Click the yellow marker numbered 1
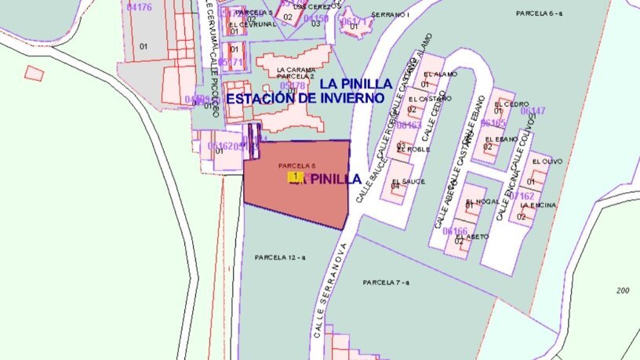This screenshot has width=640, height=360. [293, 177]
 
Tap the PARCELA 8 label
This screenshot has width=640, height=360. [296, 165]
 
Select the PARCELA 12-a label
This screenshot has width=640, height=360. [280, 257]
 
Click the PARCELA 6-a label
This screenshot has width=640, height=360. [540, 13]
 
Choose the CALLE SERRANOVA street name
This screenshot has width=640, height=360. [329, 298]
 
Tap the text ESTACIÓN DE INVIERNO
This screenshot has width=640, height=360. [305, 99]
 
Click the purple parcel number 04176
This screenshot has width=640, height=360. [139, 6]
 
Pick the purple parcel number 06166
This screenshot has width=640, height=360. [455, 231]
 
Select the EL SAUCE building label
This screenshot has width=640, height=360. [408, 181]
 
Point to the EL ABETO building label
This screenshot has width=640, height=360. [474, 236]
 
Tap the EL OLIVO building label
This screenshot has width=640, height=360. [547, 162]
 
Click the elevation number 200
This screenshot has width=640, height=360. [623, 290]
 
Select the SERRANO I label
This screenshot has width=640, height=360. [391, 14]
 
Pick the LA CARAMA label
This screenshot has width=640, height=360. [296, 69]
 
